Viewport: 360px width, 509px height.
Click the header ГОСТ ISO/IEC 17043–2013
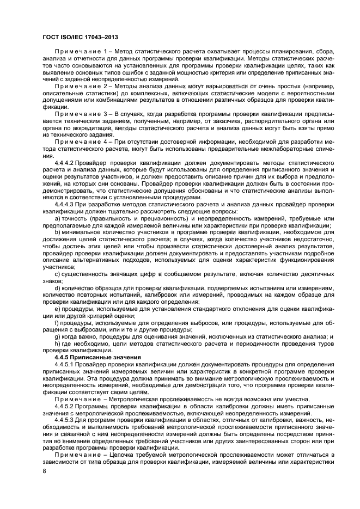click(80, 36)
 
